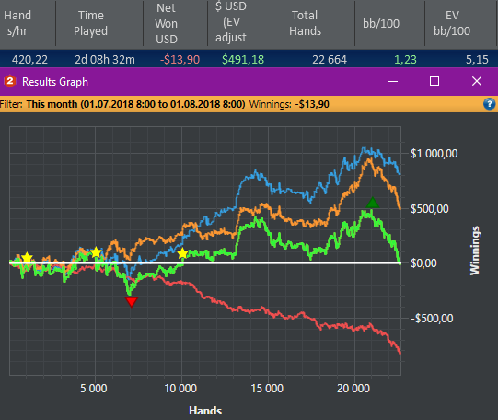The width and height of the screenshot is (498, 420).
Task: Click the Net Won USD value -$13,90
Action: coord(180,60)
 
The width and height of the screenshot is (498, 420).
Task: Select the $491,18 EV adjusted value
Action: coord(243,60)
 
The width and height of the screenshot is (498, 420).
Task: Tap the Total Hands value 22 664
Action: coord(330,60)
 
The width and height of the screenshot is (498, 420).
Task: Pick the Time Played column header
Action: coord(91,23)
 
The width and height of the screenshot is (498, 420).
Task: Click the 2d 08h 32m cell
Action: coord(105,60)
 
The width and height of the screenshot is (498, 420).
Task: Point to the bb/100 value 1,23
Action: coord(405,60)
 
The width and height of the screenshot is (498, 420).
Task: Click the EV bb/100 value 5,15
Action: coord(477,60)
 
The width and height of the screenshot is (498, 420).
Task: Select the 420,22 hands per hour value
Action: coord(29,60)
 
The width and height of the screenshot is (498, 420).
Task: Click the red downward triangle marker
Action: coord(132,301)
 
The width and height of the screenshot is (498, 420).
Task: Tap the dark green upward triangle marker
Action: coord(372,203)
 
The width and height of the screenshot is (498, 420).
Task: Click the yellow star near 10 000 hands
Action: coord(182,253)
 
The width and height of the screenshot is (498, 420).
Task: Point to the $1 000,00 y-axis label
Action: coord(434,154)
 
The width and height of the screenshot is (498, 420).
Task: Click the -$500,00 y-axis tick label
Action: coord(432,319)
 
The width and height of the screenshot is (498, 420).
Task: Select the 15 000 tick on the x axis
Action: coord(267,389)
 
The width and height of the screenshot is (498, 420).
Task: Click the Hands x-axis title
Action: coord(205,411)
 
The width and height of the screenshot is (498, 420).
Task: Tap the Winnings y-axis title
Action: coord(474,251)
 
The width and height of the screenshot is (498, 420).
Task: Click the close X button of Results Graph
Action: coord(477,81)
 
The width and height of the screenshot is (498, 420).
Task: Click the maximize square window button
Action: coord(434,81)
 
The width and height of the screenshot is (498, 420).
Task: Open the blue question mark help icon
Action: coord(490,104)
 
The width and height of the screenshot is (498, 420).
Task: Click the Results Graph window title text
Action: coord(55,82)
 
